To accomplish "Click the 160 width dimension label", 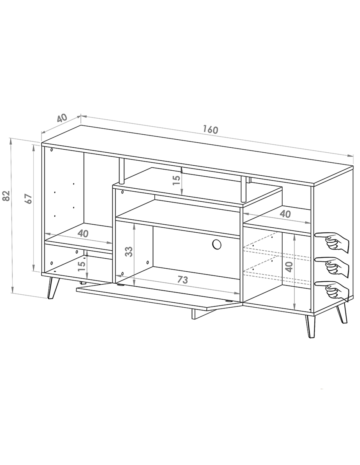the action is point(210,129).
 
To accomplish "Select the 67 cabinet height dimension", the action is point(28,199).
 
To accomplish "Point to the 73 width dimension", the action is point(183,279).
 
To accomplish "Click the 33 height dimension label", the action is point(129,252).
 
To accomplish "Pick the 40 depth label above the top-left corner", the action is point(62,118).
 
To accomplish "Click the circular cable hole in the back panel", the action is point(217,244).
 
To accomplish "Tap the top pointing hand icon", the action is point(332,243).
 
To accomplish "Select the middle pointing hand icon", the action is point(332,266).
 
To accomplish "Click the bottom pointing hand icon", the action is point(332,290).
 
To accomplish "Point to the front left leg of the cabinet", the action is point(52,288).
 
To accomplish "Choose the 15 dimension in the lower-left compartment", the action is point(82,266).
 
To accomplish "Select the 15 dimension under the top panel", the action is point(177,180).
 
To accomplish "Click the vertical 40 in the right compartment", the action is point(289,267).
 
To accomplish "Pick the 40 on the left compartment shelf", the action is point(83,233).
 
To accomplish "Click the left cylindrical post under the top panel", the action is point(121,171).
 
